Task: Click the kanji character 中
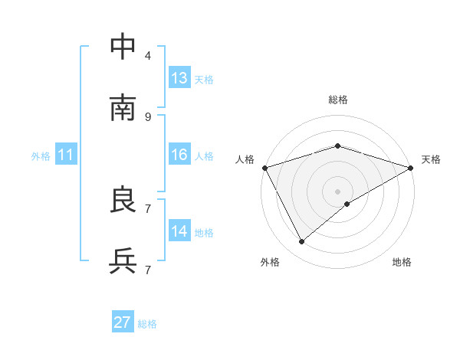[123, 47]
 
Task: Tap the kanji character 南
[123, 108]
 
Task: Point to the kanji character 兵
[123, 261]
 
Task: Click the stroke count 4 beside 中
[148, 55]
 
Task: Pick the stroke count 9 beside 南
[148, 116]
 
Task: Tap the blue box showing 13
[179, 78]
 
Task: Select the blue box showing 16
[179, 155]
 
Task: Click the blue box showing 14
[179, 231]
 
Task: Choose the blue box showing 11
[66, 155]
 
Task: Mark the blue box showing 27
[123, 322]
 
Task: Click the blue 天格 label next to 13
[204, 79]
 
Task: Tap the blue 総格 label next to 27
[147, 324]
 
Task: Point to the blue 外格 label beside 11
[41, 156]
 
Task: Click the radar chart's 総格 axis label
[338, 100]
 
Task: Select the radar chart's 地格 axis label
[402, 262]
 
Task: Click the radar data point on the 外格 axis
[302, 241]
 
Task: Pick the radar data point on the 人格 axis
[264, 167]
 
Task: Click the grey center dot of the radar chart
[338, 191]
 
